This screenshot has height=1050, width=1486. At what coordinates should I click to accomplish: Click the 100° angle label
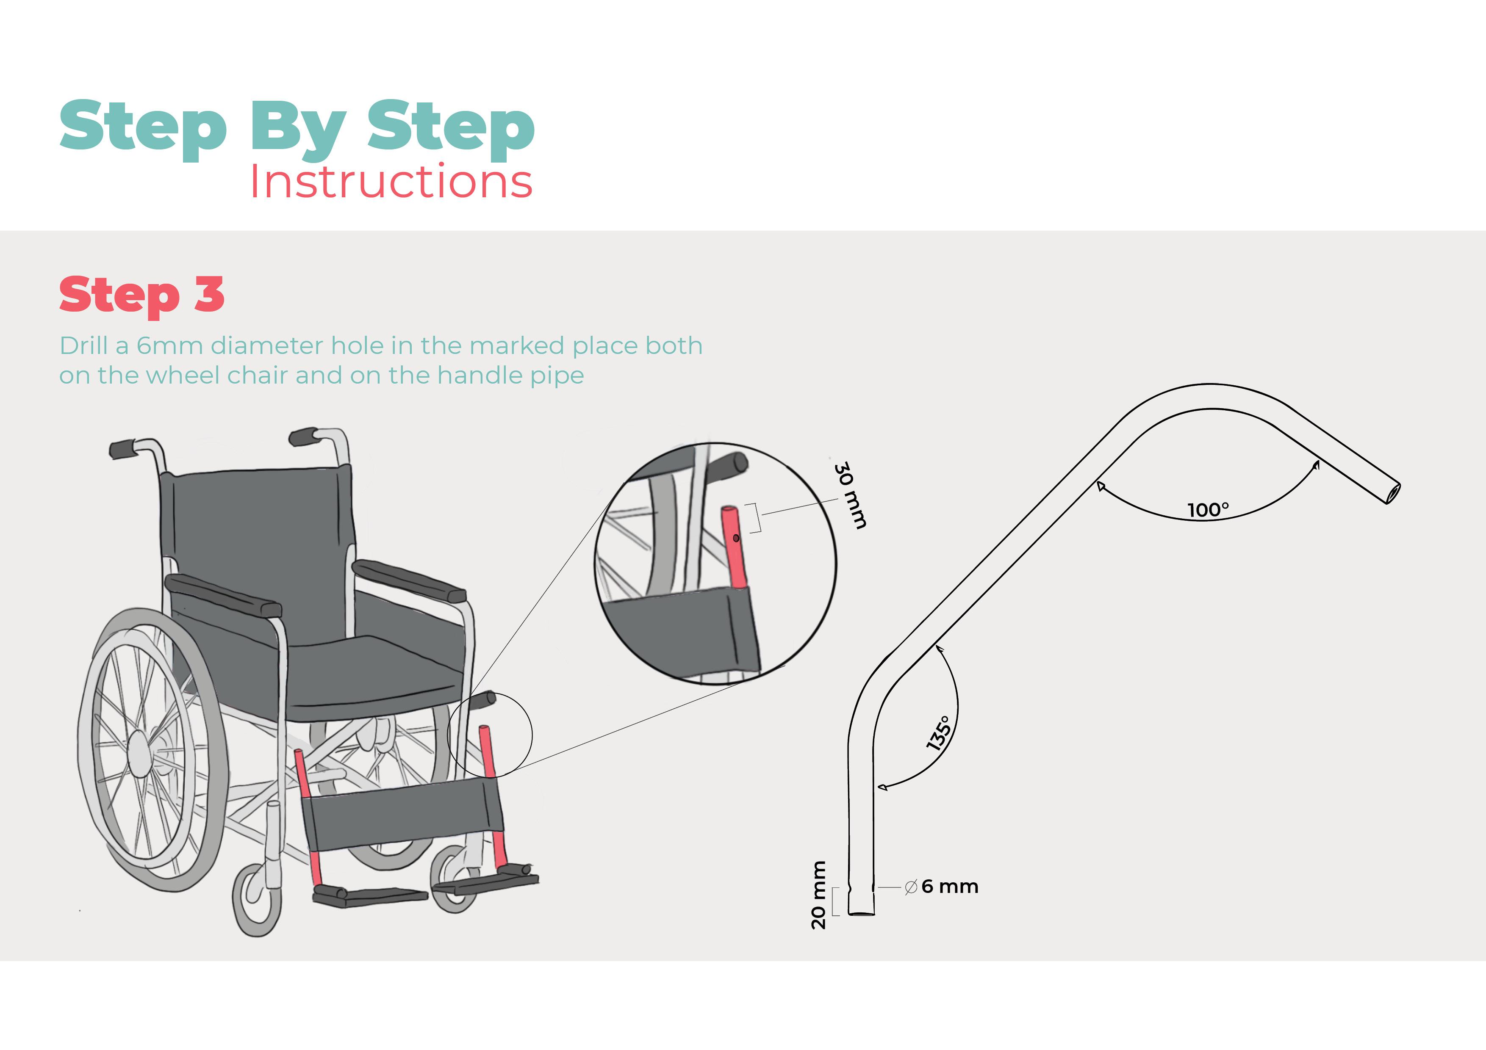click(x=1208, y=510)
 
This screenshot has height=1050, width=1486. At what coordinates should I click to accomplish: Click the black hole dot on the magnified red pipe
click(x=736, y=538)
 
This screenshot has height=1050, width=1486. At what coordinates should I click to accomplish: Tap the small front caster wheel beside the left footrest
click(x=258, y=902)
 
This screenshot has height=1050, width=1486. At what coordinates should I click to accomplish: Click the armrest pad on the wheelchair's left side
click(x=223, y=595)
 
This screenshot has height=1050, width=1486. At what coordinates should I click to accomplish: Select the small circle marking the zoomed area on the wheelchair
click(x=490, y=735)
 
